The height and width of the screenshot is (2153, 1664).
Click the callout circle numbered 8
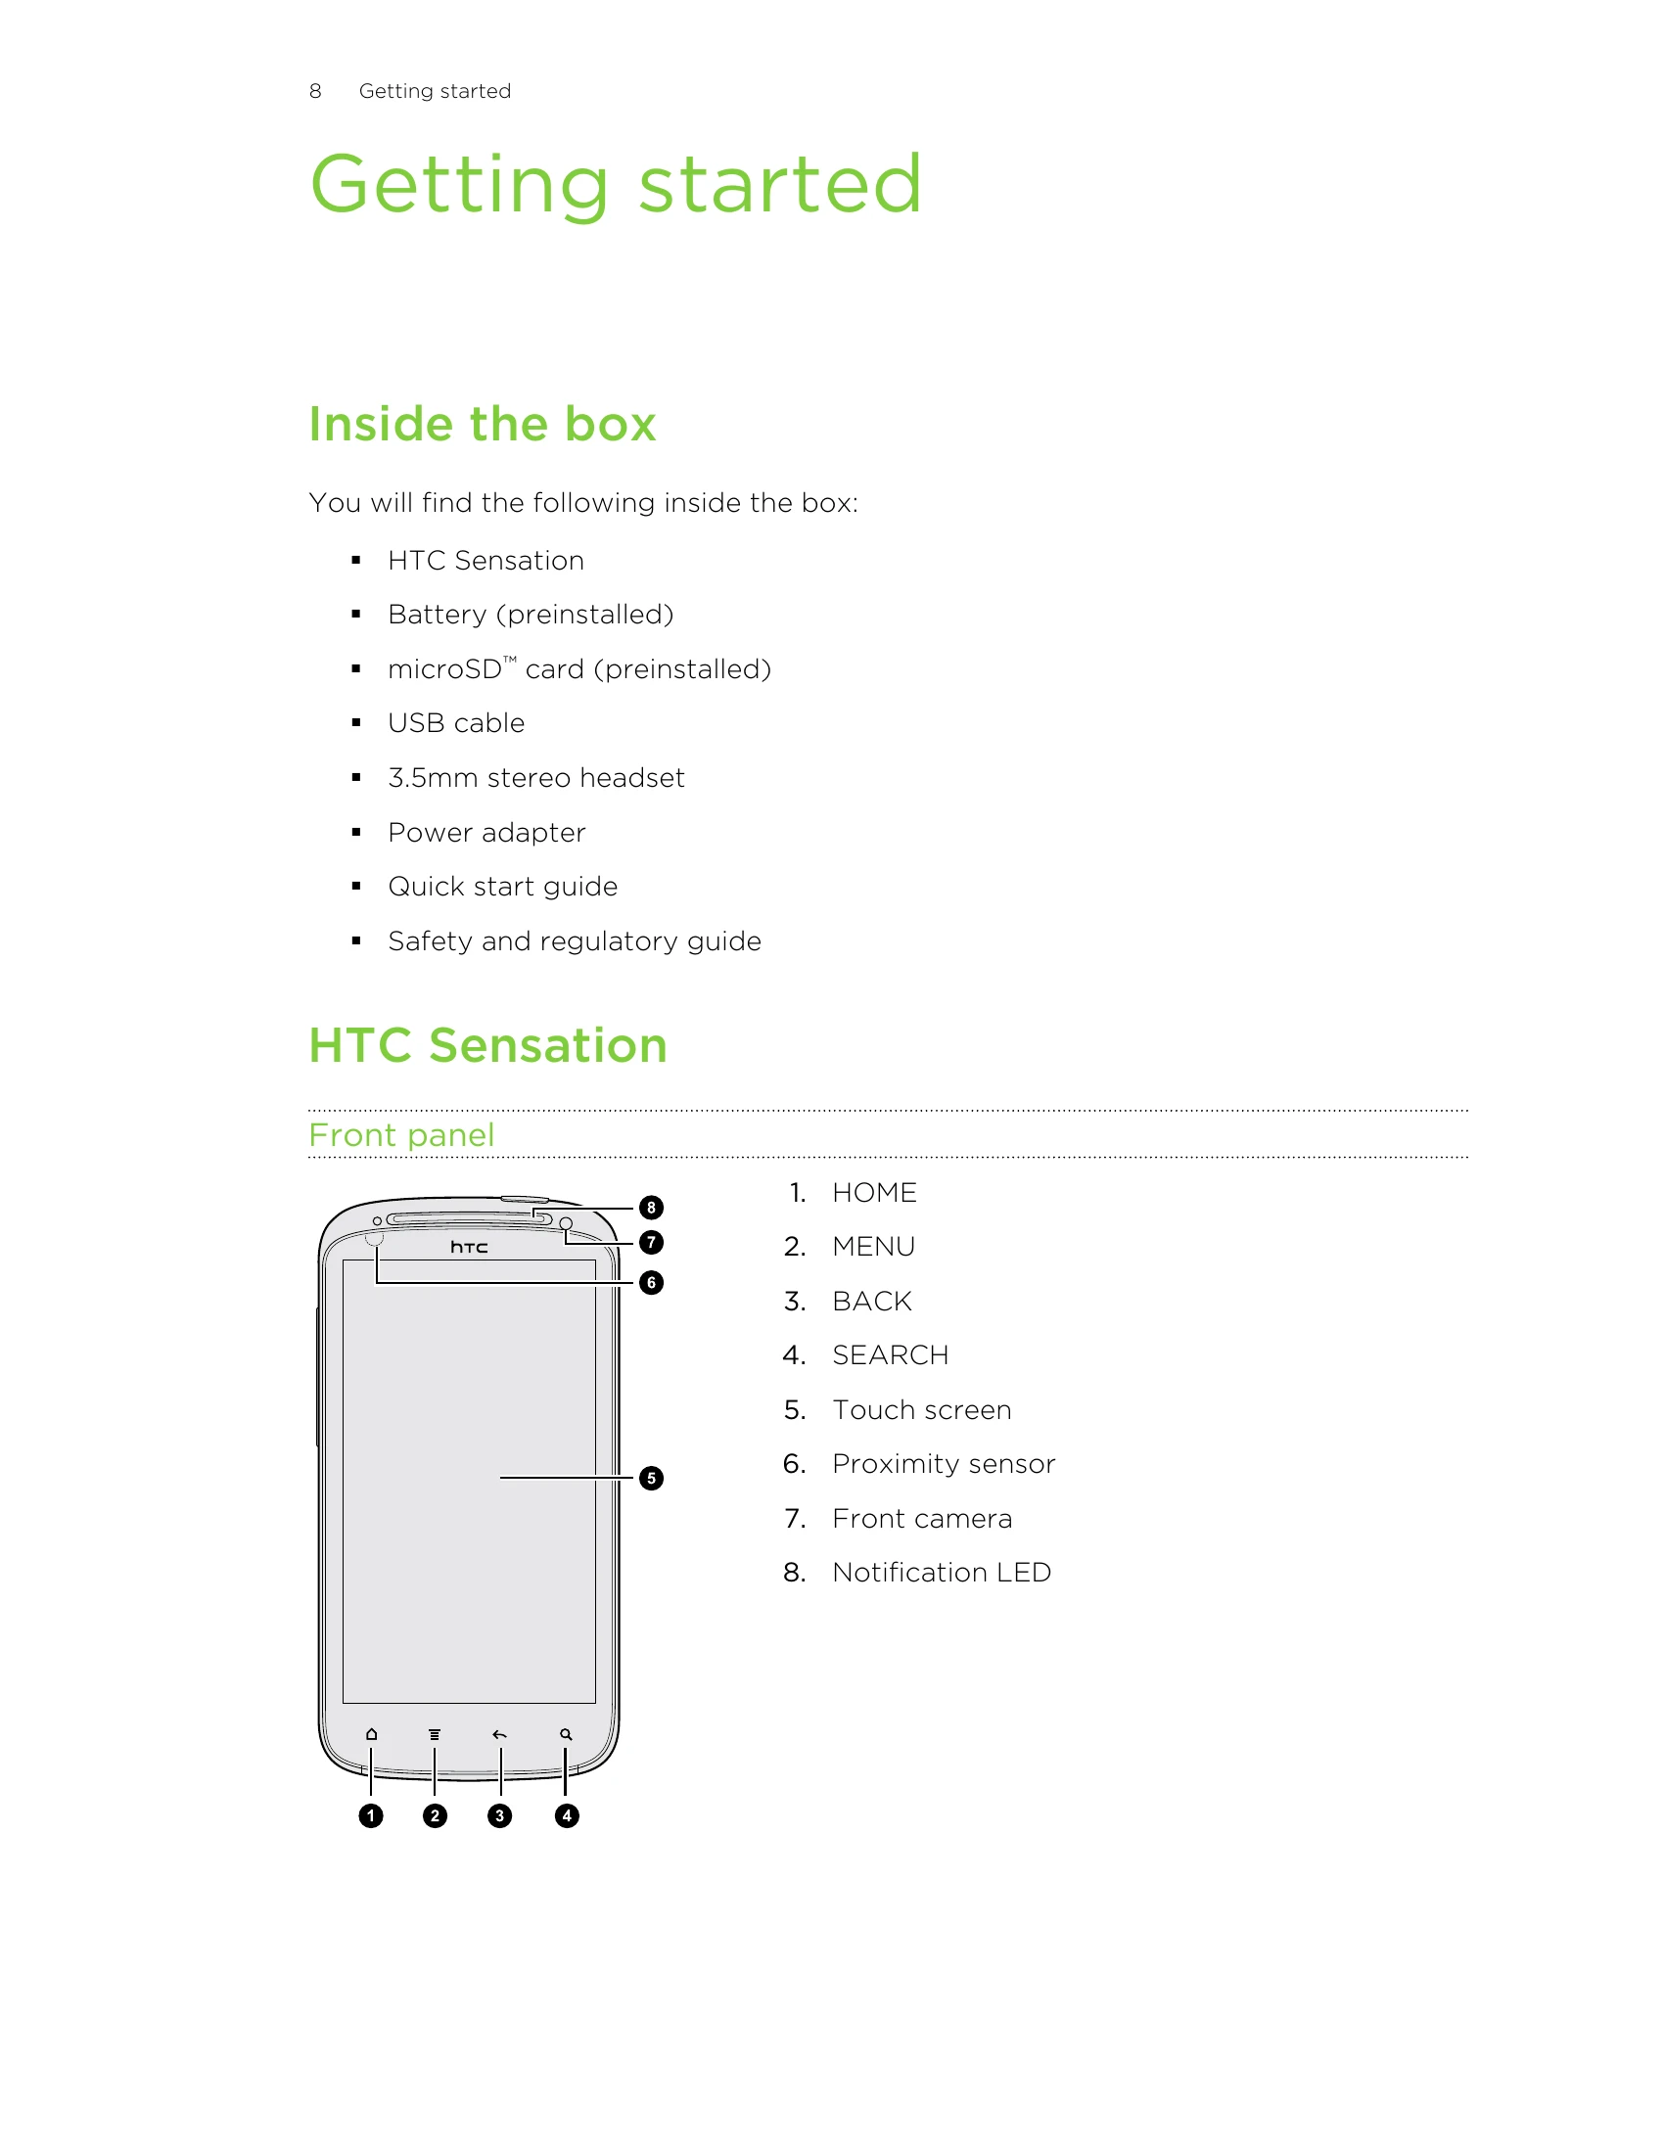(651, 1208)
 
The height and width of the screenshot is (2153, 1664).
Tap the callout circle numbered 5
(651, 1478)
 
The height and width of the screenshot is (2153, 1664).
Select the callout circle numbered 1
(371, 1815)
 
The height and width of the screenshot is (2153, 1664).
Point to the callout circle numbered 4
(566, 1815)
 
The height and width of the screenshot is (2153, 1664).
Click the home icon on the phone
(372, 1734)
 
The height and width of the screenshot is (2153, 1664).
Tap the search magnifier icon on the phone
(566, 1734)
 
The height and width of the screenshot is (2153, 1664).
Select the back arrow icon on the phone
(500, 1734)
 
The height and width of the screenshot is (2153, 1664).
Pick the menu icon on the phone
(435, 1734)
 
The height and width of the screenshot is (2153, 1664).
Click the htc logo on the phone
(469, 1247)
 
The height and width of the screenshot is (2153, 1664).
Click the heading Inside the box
(482, 424)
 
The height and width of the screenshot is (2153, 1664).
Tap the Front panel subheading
(401, 1134)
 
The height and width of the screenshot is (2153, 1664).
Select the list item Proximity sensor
(944, 1464)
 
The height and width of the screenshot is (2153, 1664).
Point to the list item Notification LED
(942, 1573)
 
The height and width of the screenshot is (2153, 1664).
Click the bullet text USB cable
(456, 722)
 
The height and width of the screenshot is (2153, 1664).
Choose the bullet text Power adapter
(487, 833)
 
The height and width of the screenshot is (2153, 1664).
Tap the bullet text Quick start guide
(503, 887)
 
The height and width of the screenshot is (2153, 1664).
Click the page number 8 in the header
(315, 91)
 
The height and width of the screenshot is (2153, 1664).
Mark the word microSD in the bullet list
(444, 669)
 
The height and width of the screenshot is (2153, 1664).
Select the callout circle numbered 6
(651, 1283)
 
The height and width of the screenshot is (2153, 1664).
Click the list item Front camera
(922, 1518)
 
